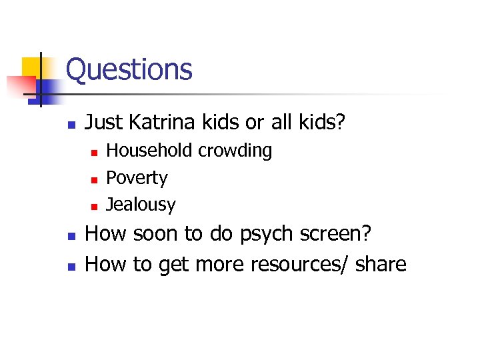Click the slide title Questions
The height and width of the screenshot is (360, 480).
(129, 69)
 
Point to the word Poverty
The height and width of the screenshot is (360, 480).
(137, 178)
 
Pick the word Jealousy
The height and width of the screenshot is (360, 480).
(141, 205)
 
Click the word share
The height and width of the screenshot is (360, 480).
(381, 264)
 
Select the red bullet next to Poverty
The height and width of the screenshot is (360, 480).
(94, 179)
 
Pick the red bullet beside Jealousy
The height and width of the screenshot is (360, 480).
(94, 206)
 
